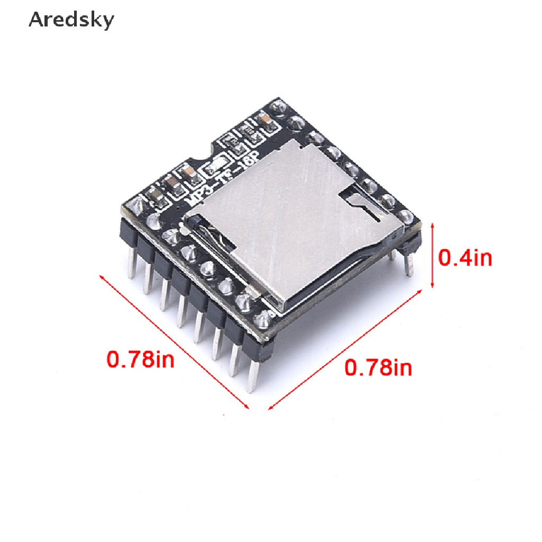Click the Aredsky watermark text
[71, 20]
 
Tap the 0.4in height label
[465, 258]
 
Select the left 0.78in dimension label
[140, 359]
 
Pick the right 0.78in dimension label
[378, 367]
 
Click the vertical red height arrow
[432, 256]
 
